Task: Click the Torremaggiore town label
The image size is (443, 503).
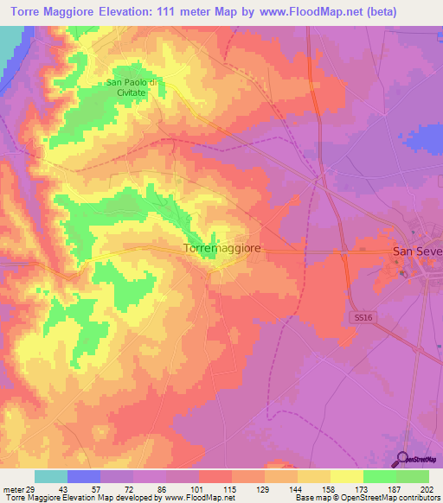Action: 222,248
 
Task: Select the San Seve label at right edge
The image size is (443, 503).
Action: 417,251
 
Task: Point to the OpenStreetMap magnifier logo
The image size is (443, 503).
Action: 404,460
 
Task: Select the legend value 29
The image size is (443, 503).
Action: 31,489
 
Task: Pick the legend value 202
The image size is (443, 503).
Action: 427,489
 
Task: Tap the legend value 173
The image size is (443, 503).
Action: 361,489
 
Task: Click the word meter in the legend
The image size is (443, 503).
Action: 12,489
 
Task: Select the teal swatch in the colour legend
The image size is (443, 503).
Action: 51,476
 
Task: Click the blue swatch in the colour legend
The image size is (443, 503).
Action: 84,476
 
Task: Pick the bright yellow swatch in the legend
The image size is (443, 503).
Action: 346,476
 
